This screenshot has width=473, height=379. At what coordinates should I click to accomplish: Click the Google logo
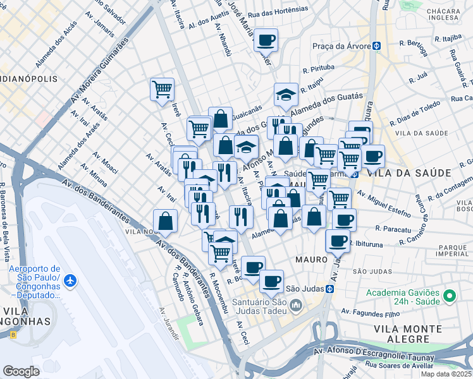point(21,371)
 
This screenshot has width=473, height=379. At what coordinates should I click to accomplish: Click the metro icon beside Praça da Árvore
point(376,46)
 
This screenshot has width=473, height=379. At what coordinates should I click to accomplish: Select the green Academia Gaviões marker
point(450,296)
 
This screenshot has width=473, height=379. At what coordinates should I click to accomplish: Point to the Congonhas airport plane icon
point(70,280)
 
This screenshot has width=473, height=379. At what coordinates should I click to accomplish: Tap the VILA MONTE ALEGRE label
point(408,334)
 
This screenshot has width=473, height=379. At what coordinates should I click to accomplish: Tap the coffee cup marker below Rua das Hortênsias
point(266,40)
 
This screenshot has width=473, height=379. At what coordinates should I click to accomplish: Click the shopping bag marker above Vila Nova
point(165,221)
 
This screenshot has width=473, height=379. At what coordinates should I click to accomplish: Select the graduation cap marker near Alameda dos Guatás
point(286,95)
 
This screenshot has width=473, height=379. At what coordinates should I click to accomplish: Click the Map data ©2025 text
point(446,374)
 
